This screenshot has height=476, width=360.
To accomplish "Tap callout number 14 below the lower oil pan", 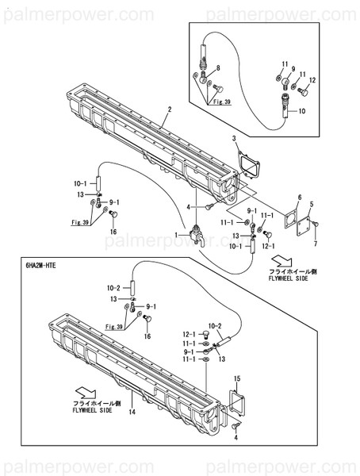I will coord(133,413).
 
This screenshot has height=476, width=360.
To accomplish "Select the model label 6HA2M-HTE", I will coord(36,267).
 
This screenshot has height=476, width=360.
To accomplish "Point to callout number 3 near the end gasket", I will coord(235,139).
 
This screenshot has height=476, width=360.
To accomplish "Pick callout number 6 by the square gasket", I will coord(299,197).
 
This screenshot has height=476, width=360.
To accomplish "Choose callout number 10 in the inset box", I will coord(301,112).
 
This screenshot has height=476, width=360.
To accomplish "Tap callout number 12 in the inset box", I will coord(312,80).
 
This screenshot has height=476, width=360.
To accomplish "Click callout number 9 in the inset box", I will coord(292,68).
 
